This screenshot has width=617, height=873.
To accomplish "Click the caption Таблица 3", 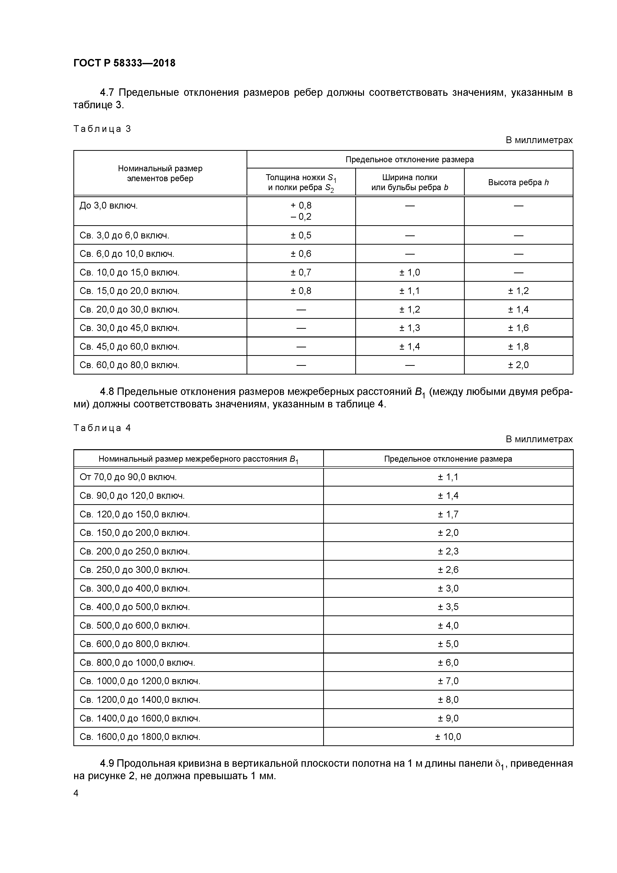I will [x=102, y=129].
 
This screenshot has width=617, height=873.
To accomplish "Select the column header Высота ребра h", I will [x=518, y=182].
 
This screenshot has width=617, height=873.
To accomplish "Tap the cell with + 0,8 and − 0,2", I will [x=301, y=211].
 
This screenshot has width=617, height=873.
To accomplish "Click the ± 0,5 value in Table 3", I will [x=301, y=235].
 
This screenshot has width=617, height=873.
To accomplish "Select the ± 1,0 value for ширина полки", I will [x=410, y=272].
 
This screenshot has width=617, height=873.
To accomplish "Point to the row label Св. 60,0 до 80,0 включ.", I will [x=129, y=365].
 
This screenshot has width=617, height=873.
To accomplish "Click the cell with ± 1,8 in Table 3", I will [x=518, y=346].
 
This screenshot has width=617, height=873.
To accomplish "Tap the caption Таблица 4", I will [x=102, y=428].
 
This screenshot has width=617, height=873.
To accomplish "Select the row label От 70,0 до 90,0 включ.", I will [x=128, y=477].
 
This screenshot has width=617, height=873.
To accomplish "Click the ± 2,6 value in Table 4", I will [x=448, y=570].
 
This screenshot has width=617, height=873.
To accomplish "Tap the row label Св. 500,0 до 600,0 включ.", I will [x=135, y=625].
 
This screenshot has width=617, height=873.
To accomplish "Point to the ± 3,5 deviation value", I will [x=448, y=607].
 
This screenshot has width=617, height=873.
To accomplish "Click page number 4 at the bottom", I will [x=76, y=793].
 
